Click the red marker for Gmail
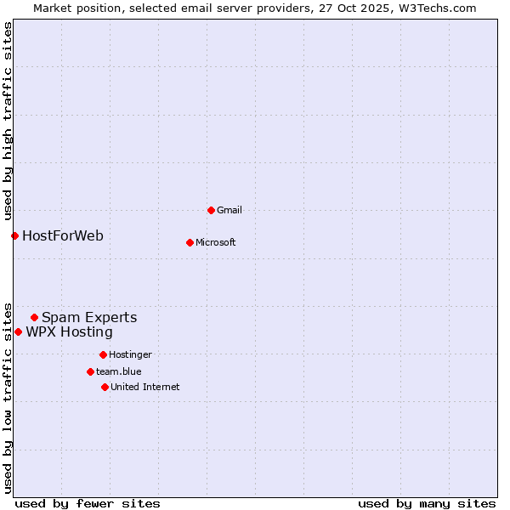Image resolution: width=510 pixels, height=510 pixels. pyautogui.click(x=211, y=210)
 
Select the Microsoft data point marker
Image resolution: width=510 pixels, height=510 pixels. pyautogui.click(x=190, y=242)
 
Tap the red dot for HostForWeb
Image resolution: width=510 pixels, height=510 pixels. pyautogui.click(x=14, y=235)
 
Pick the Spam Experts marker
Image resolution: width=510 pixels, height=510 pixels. pyautogui.click(x=34, y=318)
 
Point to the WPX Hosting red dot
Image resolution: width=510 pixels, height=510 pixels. pyautogui.click(x=18, y=331)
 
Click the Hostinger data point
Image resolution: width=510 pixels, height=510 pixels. pyautogui.click(x=103, y=354)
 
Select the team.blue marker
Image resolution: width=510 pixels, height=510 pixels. pyautogui.click(x=90, y=371)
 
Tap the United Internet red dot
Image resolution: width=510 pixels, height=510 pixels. pyautogui.click(x=105, y=387)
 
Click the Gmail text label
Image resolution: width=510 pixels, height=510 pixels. pyautogui.click(x=230, y=210)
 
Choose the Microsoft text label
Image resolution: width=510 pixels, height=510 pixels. pyautogui.click(x=216, y=242)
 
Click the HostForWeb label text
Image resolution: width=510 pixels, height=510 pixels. pyautogui.click(x=63, y=235)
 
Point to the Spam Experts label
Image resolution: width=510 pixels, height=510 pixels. pyautogui.click(x=89, y=318)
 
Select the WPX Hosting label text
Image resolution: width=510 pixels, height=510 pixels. pyautogui.click(x=69, y=331)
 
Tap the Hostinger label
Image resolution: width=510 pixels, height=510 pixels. pyautogui.click(x=130, y=354)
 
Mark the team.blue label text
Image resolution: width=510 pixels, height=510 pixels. pyautogui.click(x=119, y=371)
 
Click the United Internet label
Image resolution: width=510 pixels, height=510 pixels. pyautogui.click(x=145, y=387)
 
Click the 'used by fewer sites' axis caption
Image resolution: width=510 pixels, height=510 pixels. pyautogui.click(x=88, y=503)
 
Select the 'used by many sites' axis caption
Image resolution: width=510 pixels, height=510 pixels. pyautogui.click(x=427, y=503)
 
